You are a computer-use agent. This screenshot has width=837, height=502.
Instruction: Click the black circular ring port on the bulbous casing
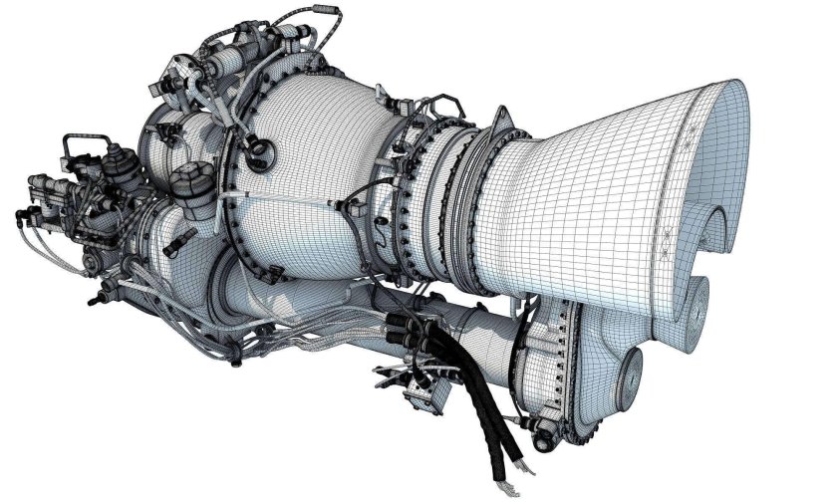click(x=260, y=151)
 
